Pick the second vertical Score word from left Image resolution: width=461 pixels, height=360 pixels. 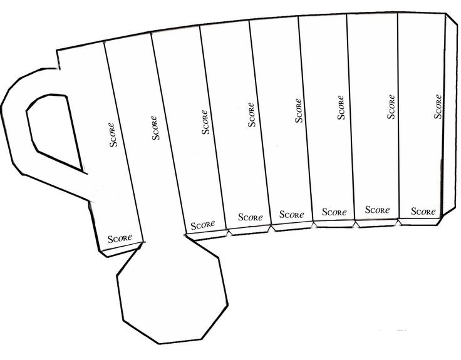click(x=155, y=127)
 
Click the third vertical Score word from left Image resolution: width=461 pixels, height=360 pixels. click(x=205, y=122)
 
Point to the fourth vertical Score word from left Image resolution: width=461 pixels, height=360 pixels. click(x=252, y=114)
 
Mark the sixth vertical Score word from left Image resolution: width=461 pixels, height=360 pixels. click(x=341, y=106)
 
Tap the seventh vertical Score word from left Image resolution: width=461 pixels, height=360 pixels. click(x=391, y=106)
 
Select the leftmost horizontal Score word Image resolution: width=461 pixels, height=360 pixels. click(x=120, y=239)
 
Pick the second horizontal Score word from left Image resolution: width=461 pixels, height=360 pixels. click(x=203, y=224)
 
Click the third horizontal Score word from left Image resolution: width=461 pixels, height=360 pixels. click(x=250, y=217)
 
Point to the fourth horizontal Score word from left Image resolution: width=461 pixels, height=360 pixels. click(x=291, y=214)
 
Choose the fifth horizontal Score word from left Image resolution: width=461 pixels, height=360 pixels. click(x=334, y=212)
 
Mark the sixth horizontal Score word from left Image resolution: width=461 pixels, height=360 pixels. click(x=377, y=210)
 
